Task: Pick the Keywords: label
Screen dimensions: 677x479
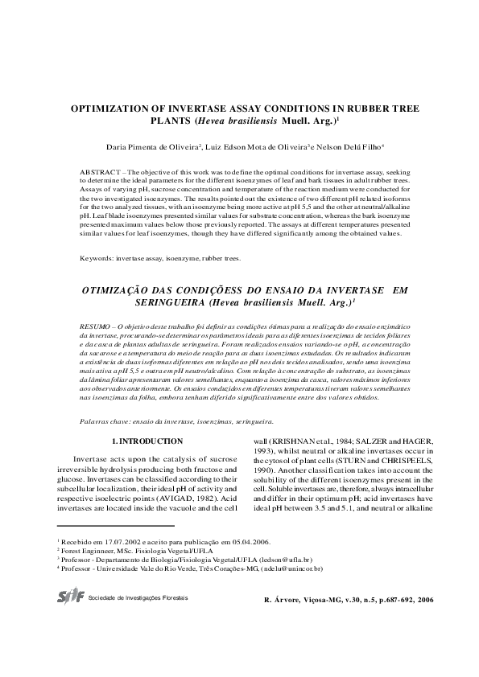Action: pos(97,259)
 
